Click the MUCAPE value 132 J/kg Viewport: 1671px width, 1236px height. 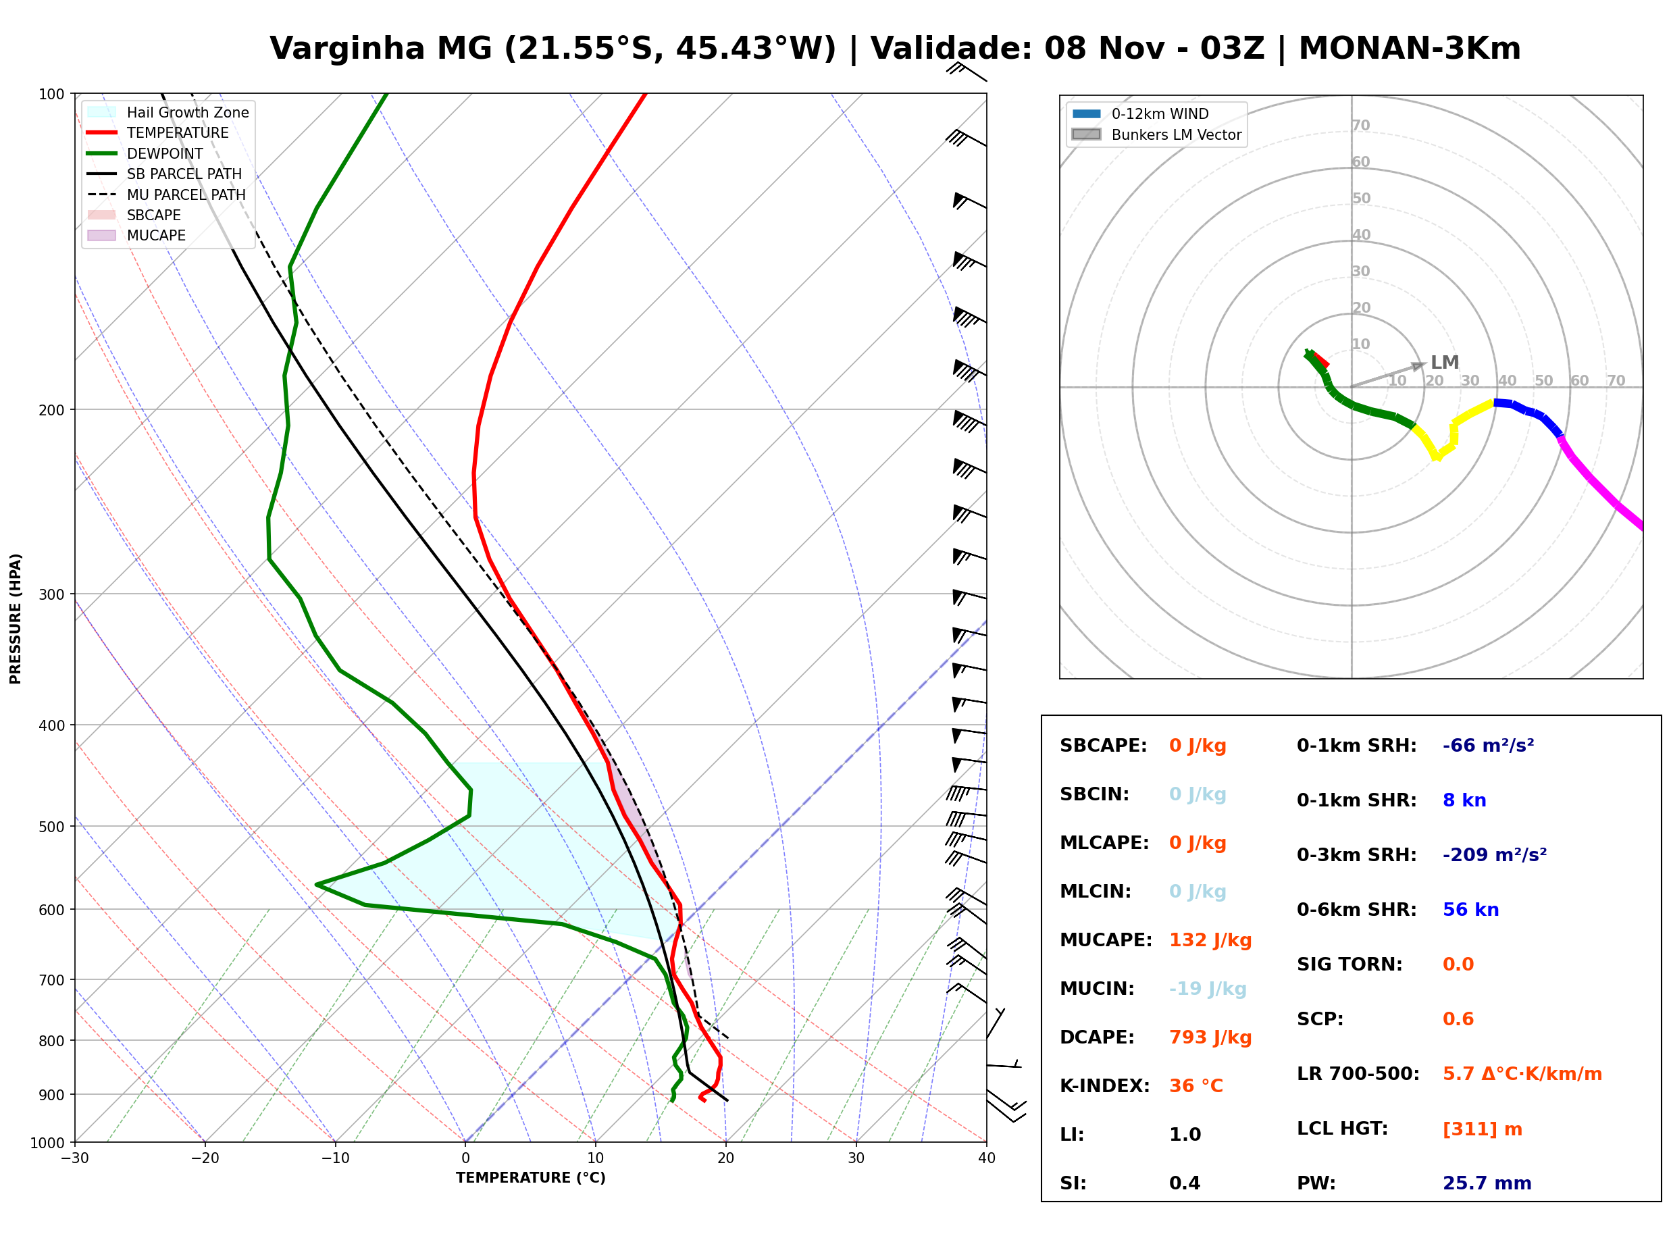click(x=1210, y=939)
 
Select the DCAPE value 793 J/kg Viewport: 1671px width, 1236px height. click(x=1210, y=1037)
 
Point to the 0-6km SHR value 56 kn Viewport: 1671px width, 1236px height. click(x=1470, y=910)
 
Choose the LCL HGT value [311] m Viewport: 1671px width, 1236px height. click(x=1482, y=1129)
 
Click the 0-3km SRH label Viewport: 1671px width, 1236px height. click(x=1356, y=855)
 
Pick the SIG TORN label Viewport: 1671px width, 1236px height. click(x=1349, y=964)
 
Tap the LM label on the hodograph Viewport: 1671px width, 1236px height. click(x=1444, y=362)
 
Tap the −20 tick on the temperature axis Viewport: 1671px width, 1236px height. click(x=204, y=1158)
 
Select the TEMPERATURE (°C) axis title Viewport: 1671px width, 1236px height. click(x=530, y=1178)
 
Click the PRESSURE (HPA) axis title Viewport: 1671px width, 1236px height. click(x=15, y=618)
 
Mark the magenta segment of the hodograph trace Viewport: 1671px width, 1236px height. click(x=1601, y=486)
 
